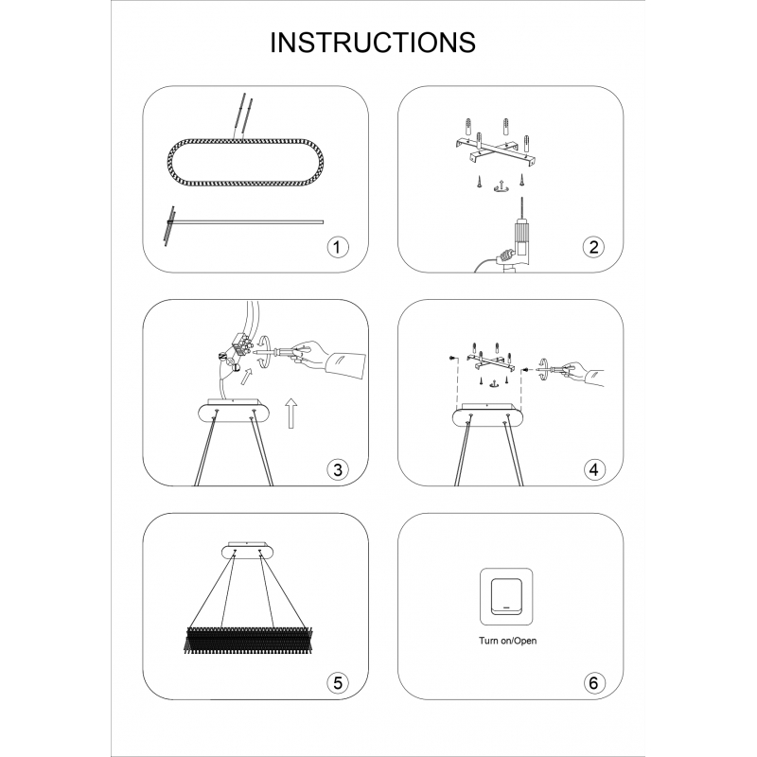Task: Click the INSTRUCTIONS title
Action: (x=373, y=43)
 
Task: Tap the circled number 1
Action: (x=337, y=247)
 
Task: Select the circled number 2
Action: (x=593, y=247)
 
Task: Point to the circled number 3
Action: (x=337, y=469)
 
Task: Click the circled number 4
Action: (x=593, y=469)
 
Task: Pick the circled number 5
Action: (x=337, y=683)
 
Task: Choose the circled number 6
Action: (x=593, y=683)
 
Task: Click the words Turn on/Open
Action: (x=507, y=641)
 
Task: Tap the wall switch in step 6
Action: (x=506, y=597)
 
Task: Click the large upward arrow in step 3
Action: (x=290, y=414)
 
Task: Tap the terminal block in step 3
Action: (x=240, y=346)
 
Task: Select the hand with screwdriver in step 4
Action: (x=584, y=372)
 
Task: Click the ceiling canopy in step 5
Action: (x=247, y=551)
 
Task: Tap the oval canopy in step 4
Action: (x=487, y=415)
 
